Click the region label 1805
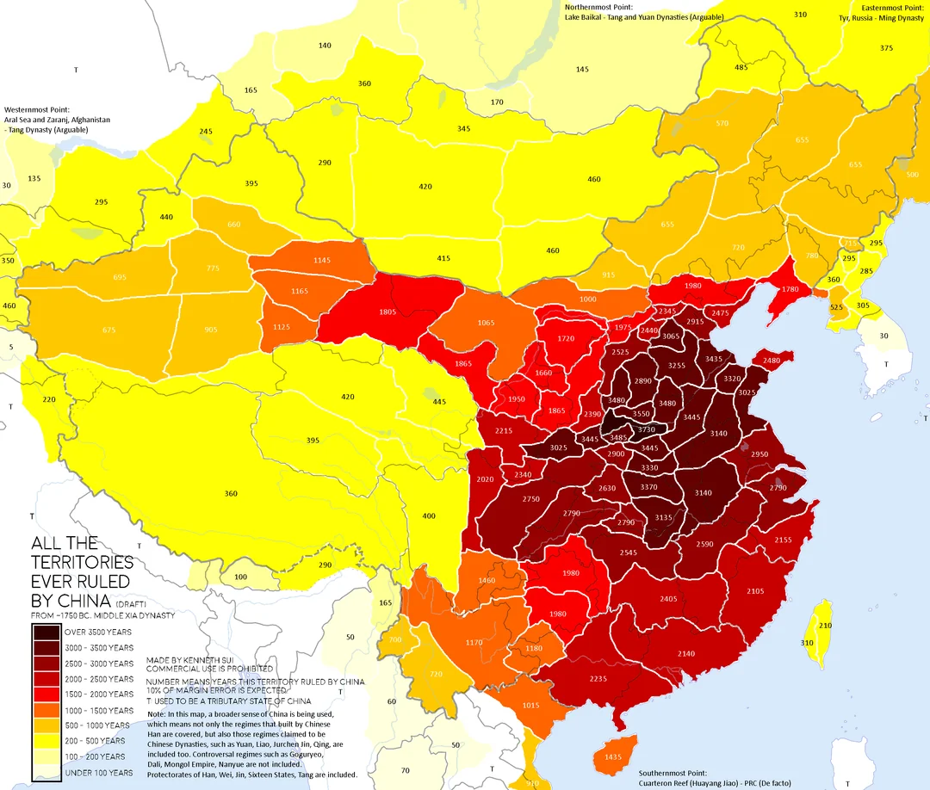(387, 312)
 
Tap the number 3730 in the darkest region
(646, 429)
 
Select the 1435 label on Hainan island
(613, 756)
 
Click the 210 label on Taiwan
(825, 626)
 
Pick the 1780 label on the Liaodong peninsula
(790, 289)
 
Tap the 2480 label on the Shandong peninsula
(771, 360)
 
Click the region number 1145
(322, 261)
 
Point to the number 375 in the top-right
(886, 48)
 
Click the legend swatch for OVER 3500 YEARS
(46, 633)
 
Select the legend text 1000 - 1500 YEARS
(99, 710)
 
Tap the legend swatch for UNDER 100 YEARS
(46, 772)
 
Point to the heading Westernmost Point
(37, 110)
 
